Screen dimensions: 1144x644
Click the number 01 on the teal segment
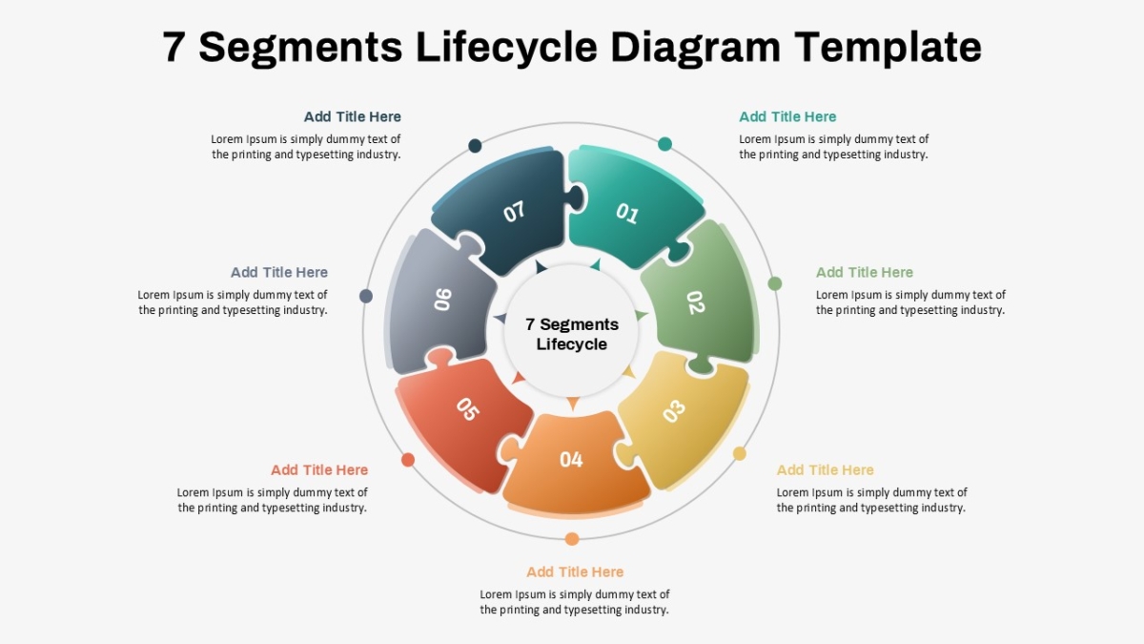[626, 213]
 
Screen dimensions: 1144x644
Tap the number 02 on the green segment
[696, 302]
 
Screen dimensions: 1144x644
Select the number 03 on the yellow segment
[674, 411]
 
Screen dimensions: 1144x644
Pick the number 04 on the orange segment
[571, 460]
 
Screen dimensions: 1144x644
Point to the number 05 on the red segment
[468, 409]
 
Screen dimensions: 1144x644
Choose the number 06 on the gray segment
[442, 300]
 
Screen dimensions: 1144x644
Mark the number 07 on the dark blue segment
[514, 212]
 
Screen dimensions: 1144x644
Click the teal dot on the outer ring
[664, 144]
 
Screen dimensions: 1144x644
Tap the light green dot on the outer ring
[775, 283]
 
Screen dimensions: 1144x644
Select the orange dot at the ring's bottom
[572, 539]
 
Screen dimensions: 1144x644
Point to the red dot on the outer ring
[408, 460]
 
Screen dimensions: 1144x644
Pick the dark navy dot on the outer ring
[475, 146]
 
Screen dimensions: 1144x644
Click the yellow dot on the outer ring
[740, 453]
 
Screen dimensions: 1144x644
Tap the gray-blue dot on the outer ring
[366, 296]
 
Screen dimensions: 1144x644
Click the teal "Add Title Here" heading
[787, 116]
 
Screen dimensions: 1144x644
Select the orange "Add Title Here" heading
[575, 571]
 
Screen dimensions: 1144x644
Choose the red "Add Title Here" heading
[319, 469]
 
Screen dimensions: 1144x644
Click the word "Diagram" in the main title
[696, 48]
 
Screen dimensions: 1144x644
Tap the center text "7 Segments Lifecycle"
[571, 334]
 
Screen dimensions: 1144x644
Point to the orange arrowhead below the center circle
[573, 403]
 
